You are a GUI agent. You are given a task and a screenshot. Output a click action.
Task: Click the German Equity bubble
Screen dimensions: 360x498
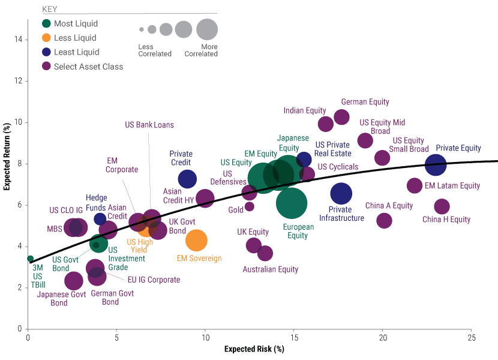pyautogui.click(x=341, y=117)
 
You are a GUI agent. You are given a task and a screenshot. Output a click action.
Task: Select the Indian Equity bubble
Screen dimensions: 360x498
pyautogui.click(x=326, y=124)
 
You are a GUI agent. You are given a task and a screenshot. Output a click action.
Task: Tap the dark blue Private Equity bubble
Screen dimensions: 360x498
pyautogui.click(x=436, y=164)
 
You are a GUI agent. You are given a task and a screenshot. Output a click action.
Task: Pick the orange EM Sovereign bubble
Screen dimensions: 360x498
pyautogui.click(x=196, y=241)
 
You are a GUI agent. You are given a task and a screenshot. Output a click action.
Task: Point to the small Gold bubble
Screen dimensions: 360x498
pyautogui.click(x=250, y=206)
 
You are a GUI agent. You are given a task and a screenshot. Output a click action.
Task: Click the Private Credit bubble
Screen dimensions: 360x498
pyautogui.click(x=187, y=178)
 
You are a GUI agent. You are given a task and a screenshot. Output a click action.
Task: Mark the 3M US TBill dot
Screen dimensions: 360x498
pyautogui.click(x=30, y=259)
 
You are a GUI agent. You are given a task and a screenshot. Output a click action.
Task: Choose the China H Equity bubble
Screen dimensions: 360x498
pyautogui.click(x=442, y=207)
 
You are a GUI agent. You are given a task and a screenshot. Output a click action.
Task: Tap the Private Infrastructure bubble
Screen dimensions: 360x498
pyautogui.click(x=341, y=193)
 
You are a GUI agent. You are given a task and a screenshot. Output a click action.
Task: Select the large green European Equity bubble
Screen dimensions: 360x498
pyautogui.click(x=292, y=203)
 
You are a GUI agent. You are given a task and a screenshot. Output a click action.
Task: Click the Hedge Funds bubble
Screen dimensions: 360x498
pyautogui.click(x=100, y=219)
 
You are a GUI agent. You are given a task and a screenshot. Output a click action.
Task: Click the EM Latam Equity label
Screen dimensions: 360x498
pyautogui.click(x=452, y=186)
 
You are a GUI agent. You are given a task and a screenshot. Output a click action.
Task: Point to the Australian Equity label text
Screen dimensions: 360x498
pyautogui.click(x=271, y=269)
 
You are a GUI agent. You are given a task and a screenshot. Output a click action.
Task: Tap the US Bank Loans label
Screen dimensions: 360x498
pyautogui.click(x=149, y=125)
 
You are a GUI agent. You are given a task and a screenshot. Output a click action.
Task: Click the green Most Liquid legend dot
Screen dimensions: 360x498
pyautogui.click(x=46, y=24)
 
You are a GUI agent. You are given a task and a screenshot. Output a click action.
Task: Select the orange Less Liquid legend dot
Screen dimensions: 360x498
pyautogui.click(x=46, y=38)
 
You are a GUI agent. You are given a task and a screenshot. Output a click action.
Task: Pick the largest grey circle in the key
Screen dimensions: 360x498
pyautogui.click(x=207, y=29)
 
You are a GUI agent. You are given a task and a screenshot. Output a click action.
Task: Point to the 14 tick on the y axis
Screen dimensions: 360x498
pyautogui.click(x=19, y=40)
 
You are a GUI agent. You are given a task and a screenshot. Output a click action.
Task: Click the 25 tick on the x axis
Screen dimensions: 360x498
pyautogui.click(x=471, y=338)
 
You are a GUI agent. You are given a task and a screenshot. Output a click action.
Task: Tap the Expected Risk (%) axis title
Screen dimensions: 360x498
pyautogui.click(x=254, y=349)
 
